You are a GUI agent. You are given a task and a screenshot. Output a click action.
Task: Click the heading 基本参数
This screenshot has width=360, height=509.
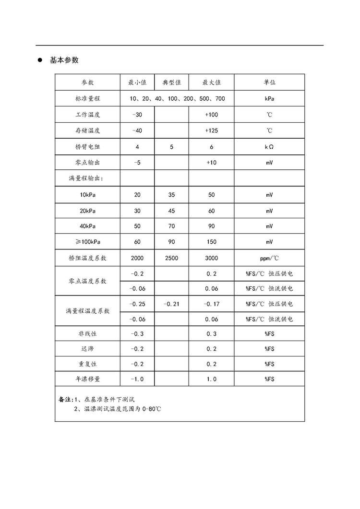[64, 60]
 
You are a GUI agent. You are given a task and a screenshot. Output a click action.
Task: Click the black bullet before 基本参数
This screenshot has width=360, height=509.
[41, 60]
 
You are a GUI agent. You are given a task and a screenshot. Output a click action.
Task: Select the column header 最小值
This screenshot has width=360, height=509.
[137, 83]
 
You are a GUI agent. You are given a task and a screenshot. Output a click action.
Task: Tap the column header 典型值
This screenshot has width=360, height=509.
[171, 83]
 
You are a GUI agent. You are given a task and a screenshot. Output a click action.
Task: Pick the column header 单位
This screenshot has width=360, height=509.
[269, 83]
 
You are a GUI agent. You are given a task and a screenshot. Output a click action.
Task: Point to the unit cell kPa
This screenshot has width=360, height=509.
[269, 99]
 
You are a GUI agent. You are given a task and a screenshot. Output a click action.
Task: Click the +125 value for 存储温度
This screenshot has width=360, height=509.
[211, 130]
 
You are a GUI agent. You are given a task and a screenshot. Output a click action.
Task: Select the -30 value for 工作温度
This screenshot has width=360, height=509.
[137, 115]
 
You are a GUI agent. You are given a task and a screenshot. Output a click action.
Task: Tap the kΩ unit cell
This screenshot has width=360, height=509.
[269, 146]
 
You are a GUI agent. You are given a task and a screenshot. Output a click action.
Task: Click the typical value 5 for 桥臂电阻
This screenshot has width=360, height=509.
[171, 146]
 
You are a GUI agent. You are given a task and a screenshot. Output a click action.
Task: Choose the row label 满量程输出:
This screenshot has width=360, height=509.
[86, 178]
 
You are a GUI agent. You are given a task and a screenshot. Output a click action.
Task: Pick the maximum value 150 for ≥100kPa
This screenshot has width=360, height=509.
[211, 242]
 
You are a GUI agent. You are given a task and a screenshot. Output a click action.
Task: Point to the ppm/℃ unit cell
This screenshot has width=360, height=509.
[269, 258]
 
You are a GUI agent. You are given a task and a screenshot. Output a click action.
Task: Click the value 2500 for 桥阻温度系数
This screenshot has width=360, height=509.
[171, 258]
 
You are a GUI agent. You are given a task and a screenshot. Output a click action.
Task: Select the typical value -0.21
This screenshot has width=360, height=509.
[171, 304]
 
